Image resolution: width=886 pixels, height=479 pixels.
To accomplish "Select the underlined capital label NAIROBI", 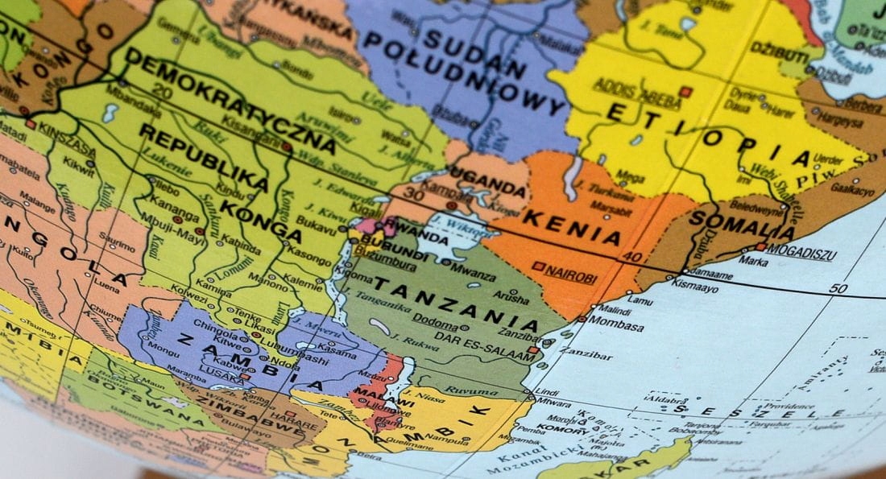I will tap(570, 275).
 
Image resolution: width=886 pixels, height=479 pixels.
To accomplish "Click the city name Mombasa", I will tap(616, 327).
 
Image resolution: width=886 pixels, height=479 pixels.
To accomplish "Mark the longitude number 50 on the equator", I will tap(838, 288).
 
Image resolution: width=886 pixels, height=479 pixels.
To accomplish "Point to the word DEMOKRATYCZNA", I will tap(230, 101).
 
